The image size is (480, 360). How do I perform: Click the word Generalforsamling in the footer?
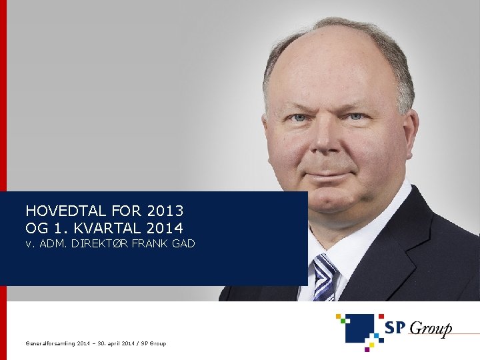pos(50,343)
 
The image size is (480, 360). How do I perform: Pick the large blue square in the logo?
pos(360,327)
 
